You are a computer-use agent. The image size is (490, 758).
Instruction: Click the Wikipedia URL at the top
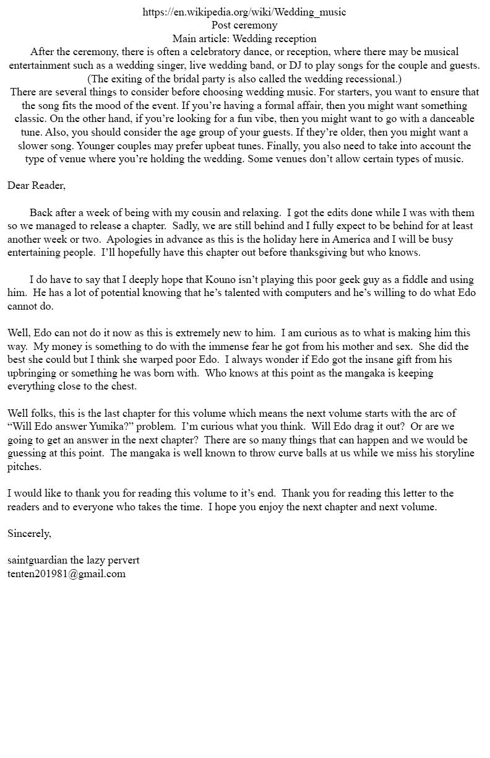[x=244, y=12]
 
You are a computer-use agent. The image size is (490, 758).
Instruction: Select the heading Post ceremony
[x=244, y=25]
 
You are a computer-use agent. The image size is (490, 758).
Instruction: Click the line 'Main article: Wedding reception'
[x=244, y=38]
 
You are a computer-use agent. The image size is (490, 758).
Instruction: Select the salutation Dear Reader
[x=36, y=185]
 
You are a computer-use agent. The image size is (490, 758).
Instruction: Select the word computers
[x=288, y=293]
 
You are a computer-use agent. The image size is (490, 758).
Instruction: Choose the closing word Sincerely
[x=29, y=533]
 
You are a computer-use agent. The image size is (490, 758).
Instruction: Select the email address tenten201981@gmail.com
[x=66, y=573]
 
